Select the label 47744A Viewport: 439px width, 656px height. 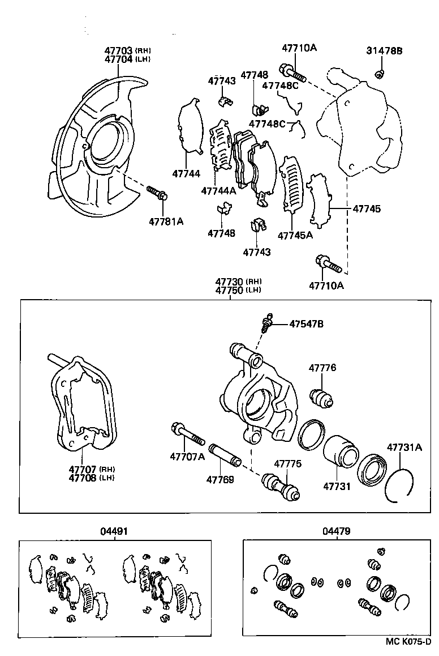[218, 191]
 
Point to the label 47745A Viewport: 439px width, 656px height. [295, 235]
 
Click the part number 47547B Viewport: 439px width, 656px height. [306, 324]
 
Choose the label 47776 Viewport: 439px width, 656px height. [322, 368]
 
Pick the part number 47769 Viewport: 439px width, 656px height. [219, 479]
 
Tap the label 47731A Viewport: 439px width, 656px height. [404, 448]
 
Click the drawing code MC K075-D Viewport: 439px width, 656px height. [408, 641]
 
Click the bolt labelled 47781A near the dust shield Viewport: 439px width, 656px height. [157, 193]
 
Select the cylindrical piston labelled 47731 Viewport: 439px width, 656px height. [340, 458]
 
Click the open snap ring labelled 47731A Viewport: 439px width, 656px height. [399, 485]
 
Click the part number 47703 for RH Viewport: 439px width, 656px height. [118, 50]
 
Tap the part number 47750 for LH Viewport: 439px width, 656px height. [230, 290]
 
